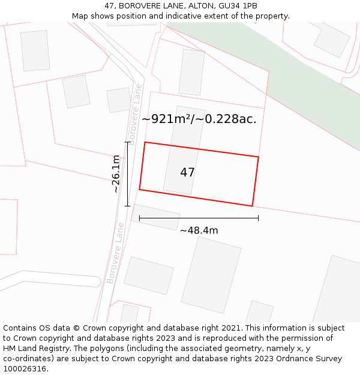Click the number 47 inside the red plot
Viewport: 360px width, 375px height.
pyautogui.click(x=187, y=173)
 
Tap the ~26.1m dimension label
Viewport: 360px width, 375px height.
pyautogui.click(x=116, y=174)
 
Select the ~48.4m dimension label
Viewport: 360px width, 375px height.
pyautogui.click(x=199, y=230)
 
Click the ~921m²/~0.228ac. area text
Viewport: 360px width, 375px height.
pyautogui.click(x=199, y=119)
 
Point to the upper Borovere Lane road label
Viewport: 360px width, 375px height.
pyautogui.click(x=134, y=114)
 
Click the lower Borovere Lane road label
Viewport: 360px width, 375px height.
pyautogui.click(x=115, y=253)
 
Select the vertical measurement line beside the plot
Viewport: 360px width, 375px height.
pyautogui.click(x=127, y=174)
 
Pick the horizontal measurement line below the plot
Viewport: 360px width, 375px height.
pyautogui.click(x=199, y=218)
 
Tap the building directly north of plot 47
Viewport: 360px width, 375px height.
pyautogui.click(x=192, y=72)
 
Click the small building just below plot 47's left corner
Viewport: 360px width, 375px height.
pyautogui.click(x=156, y=217)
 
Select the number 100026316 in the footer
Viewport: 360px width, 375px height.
pyautogui.click(x=24, y=368)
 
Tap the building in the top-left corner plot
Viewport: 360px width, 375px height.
pyautogui.click(x=35, y=51)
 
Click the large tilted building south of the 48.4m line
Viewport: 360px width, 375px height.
pyautogui.click(x=211, y=275)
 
